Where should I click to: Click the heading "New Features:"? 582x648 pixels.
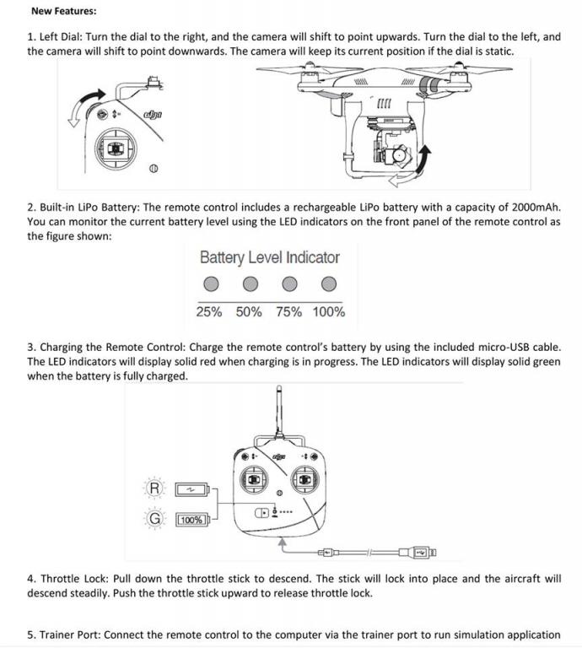63,12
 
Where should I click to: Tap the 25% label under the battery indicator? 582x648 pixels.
209,312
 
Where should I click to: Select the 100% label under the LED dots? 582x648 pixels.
328,312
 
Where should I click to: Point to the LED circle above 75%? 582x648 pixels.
289,283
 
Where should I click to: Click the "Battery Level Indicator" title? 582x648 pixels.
270,257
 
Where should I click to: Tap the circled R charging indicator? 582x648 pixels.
154,489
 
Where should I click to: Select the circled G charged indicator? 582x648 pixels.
154,519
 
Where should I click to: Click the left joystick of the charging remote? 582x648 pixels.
254,479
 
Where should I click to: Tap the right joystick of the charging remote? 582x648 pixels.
304,479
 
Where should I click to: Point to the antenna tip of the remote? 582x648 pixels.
278,390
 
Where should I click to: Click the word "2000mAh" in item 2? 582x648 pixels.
533,208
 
